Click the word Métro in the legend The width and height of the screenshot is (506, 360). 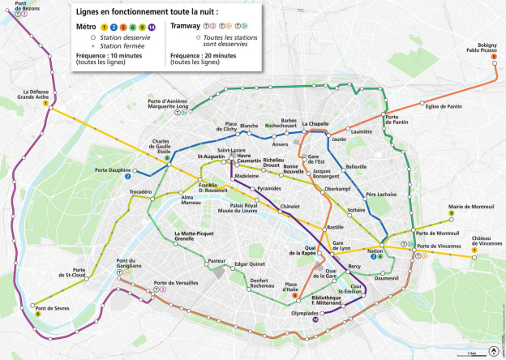tap(86, 26)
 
